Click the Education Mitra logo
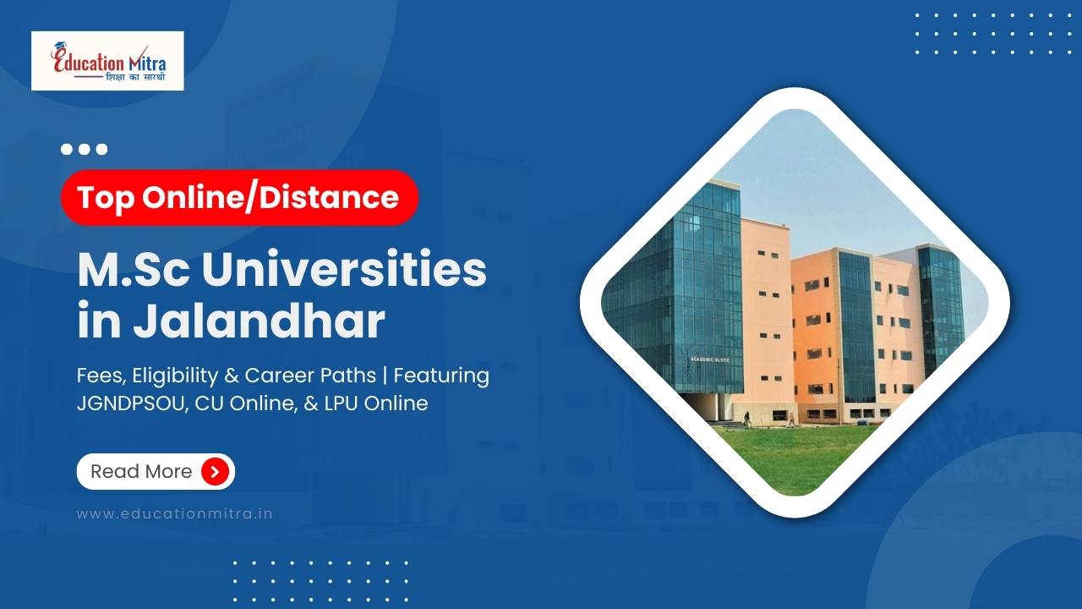click(x=107, y=61)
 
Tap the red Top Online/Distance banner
click(x=239, y=198)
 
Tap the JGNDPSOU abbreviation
click(x=132, y=403)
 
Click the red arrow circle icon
click(x=215, y=472)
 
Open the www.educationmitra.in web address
click(x=175, y=513)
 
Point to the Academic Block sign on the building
click(x=709, y=359)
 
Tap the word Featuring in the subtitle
click(x=441, y=376)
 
